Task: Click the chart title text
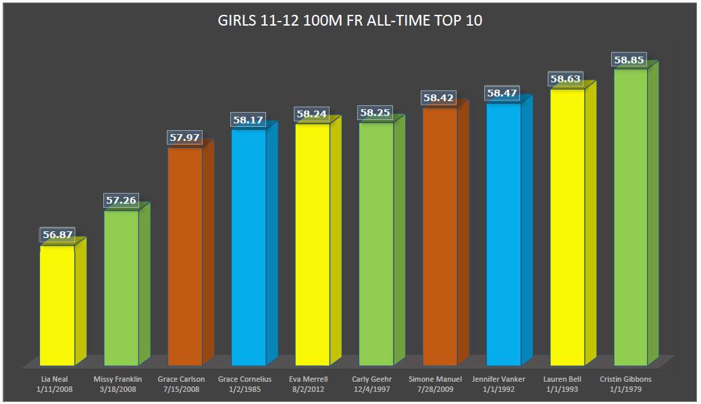[x=349, y=20]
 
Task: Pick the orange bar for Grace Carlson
[x=185, y=256]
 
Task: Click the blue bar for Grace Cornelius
[x=249, y=247]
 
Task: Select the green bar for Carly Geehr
[x=376, y=243]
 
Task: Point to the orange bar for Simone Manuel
[x=440, y=236]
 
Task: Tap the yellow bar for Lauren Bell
[x=567, y=227]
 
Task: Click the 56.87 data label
[x=57, y=235]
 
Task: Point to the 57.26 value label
[x=121, y=200]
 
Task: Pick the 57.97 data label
[x=184, y=138]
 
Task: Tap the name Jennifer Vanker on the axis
[x=503, y=379]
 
